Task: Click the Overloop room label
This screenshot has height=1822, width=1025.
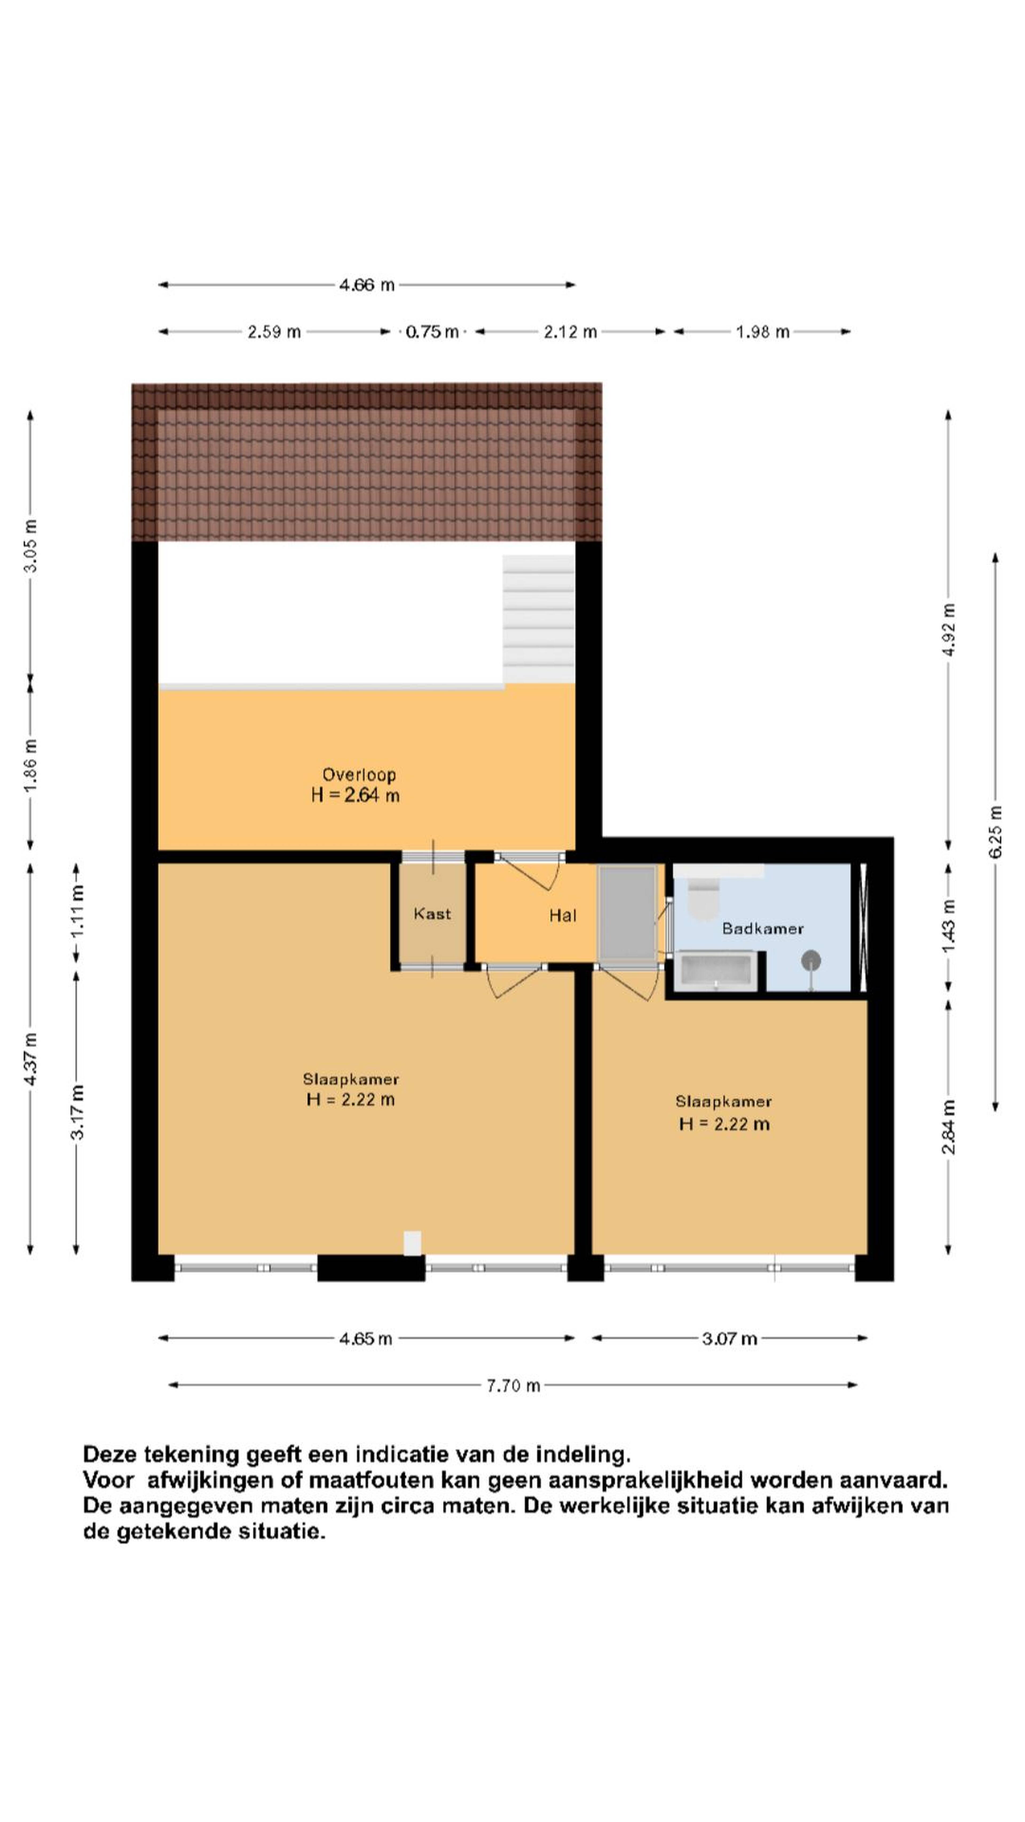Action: click(x=359, y=775)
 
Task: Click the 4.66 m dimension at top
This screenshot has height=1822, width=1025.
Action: click(x=366, y=285)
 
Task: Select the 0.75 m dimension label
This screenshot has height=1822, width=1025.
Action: click(x=432, y=332)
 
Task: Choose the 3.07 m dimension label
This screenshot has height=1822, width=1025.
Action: click(x=729, y=1338)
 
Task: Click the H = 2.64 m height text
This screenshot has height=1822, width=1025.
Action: click(x=355, y=795)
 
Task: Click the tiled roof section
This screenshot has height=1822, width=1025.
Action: click(x=366, y=462)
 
